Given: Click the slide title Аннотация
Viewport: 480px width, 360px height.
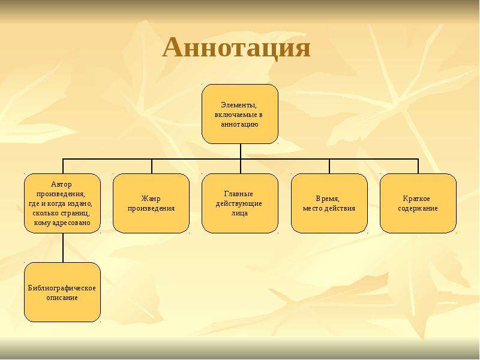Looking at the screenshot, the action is (236, 48).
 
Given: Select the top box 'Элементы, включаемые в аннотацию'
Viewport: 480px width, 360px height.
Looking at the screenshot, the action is (240, 114).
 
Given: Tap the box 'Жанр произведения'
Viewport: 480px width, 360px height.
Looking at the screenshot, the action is (151, 203).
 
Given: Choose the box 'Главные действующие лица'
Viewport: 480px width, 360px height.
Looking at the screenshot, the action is (240, 203).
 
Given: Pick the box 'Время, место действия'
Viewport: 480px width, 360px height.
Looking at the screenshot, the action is (329, 203).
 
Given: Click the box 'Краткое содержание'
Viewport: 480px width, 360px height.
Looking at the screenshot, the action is (418, 203).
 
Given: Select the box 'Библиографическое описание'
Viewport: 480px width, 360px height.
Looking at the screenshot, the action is (62, 292).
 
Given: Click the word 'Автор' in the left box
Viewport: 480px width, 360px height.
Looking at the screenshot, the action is (61, 184).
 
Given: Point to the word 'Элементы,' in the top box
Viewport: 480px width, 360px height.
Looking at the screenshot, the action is (239, 105).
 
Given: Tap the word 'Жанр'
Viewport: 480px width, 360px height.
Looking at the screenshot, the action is (151, 199).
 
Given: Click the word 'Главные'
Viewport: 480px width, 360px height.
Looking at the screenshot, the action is (239, 194).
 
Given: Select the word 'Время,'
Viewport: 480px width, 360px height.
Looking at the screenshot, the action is (328, 199).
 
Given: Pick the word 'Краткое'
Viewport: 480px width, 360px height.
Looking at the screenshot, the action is (416, 199).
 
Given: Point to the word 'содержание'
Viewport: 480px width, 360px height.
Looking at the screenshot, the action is (418, 208).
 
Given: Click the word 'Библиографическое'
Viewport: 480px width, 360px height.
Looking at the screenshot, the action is (62, 288).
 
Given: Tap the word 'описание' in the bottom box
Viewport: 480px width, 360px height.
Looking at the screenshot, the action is (62, 298).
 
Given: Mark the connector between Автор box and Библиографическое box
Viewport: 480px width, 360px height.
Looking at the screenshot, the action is (63, 248).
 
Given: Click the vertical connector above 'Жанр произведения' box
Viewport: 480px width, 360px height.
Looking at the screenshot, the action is (152, 166).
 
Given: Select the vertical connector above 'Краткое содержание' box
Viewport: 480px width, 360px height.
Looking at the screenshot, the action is (418, 166).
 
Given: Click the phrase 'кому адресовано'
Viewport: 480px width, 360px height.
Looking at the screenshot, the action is (62, 223).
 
